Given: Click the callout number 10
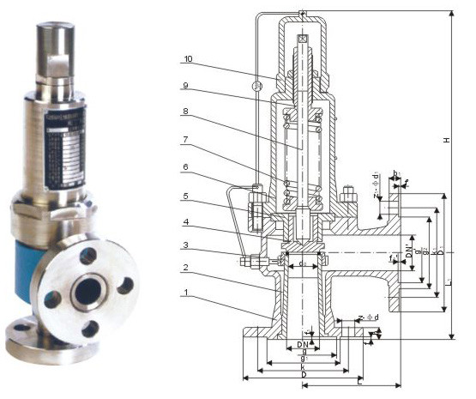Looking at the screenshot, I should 188,59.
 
